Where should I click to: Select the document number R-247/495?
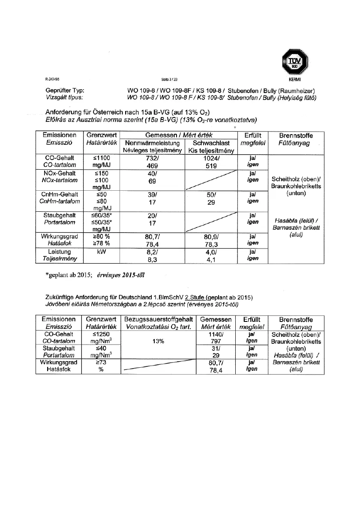(x=52, y=79)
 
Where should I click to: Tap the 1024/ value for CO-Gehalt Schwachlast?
(x=211, y=158)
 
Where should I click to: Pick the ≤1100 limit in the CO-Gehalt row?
(x=102, y=158)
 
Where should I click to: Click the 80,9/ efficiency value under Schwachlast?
(x=211, y=236)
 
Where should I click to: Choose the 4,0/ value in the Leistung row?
(x=211, y=252)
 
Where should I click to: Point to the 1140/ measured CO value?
(x=216, y=334)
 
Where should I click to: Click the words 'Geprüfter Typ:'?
(x=65, y=91)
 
